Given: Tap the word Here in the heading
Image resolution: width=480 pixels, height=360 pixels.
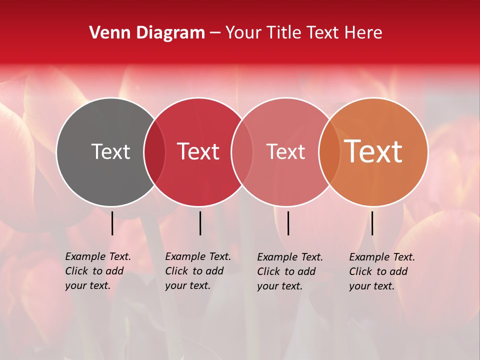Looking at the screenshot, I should click(x=364, y=33).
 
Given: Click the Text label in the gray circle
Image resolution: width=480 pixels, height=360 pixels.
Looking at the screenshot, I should click(x=110, y=151).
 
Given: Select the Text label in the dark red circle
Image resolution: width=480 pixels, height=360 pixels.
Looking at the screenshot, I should click(x=198, y=151).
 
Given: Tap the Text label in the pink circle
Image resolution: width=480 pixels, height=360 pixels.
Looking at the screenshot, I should click(x=285, y=151).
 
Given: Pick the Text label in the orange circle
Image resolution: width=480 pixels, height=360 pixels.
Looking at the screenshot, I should click(x=373, y=151).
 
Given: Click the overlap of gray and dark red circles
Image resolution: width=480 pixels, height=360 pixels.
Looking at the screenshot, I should click(x=154, y=151).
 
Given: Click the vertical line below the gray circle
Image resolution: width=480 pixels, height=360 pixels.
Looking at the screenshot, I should click(x=112, y=223).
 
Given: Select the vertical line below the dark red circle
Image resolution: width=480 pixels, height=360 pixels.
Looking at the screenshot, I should click(x=200, y=223).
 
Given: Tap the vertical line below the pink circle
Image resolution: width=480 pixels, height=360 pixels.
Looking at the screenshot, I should click(x=288, y=223).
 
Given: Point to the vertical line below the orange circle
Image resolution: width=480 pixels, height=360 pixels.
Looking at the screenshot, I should click(x=372, y=223).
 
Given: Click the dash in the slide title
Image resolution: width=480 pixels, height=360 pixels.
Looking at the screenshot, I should click(x=215, y=33).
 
